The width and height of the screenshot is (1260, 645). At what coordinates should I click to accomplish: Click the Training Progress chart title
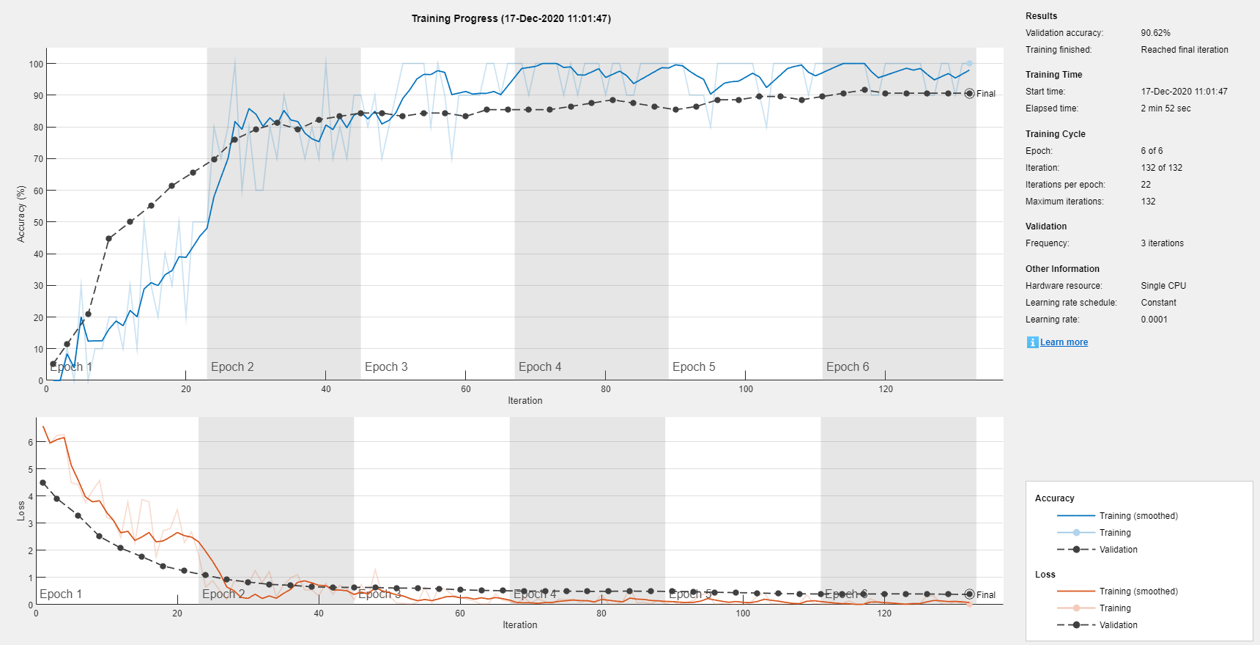tap(511, 18)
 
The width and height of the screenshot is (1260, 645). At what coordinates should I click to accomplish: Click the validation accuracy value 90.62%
tap(1155, 33)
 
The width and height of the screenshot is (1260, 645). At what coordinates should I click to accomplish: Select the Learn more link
tap(1064, 342)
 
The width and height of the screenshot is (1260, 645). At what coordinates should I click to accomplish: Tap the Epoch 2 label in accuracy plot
tap(232, 366)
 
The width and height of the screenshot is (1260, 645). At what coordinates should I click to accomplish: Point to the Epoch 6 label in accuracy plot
tap(848, 366)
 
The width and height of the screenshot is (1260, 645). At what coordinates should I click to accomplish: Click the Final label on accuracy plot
tap(985, 94)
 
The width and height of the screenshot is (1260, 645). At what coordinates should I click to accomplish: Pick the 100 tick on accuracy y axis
tap(36, 64)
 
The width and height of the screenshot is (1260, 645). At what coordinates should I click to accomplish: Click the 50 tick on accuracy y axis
tap(38, 222)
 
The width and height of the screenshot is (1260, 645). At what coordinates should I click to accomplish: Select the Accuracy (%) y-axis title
tap(21, 213)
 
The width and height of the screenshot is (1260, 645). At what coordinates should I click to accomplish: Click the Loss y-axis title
tap(21, 511)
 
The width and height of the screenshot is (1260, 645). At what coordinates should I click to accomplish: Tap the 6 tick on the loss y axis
tap(31, 442)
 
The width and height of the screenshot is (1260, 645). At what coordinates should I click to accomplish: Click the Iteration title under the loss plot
tap(519, 625)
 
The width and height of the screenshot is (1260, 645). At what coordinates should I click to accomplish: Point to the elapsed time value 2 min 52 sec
tap(1165, 108)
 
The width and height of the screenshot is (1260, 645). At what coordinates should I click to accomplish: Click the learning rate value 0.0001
tap(1154, 320)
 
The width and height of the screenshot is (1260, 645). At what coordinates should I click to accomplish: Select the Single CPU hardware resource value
tap(1163, 286)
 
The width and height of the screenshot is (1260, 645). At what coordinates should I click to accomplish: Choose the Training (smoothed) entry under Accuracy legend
tap(1138, 516)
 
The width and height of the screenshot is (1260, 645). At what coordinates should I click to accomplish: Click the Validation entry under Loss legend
tap(1118, 625)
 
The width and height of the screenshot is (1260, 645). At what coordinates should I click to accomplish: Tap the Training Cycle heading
tap(1055, 134)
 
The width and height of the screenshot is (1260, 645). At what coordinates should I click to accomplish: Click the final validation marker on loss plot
tap(969, 594)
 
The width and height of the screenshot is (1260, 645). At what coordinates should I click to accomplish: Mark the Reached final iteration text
tap(1184, 50)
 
